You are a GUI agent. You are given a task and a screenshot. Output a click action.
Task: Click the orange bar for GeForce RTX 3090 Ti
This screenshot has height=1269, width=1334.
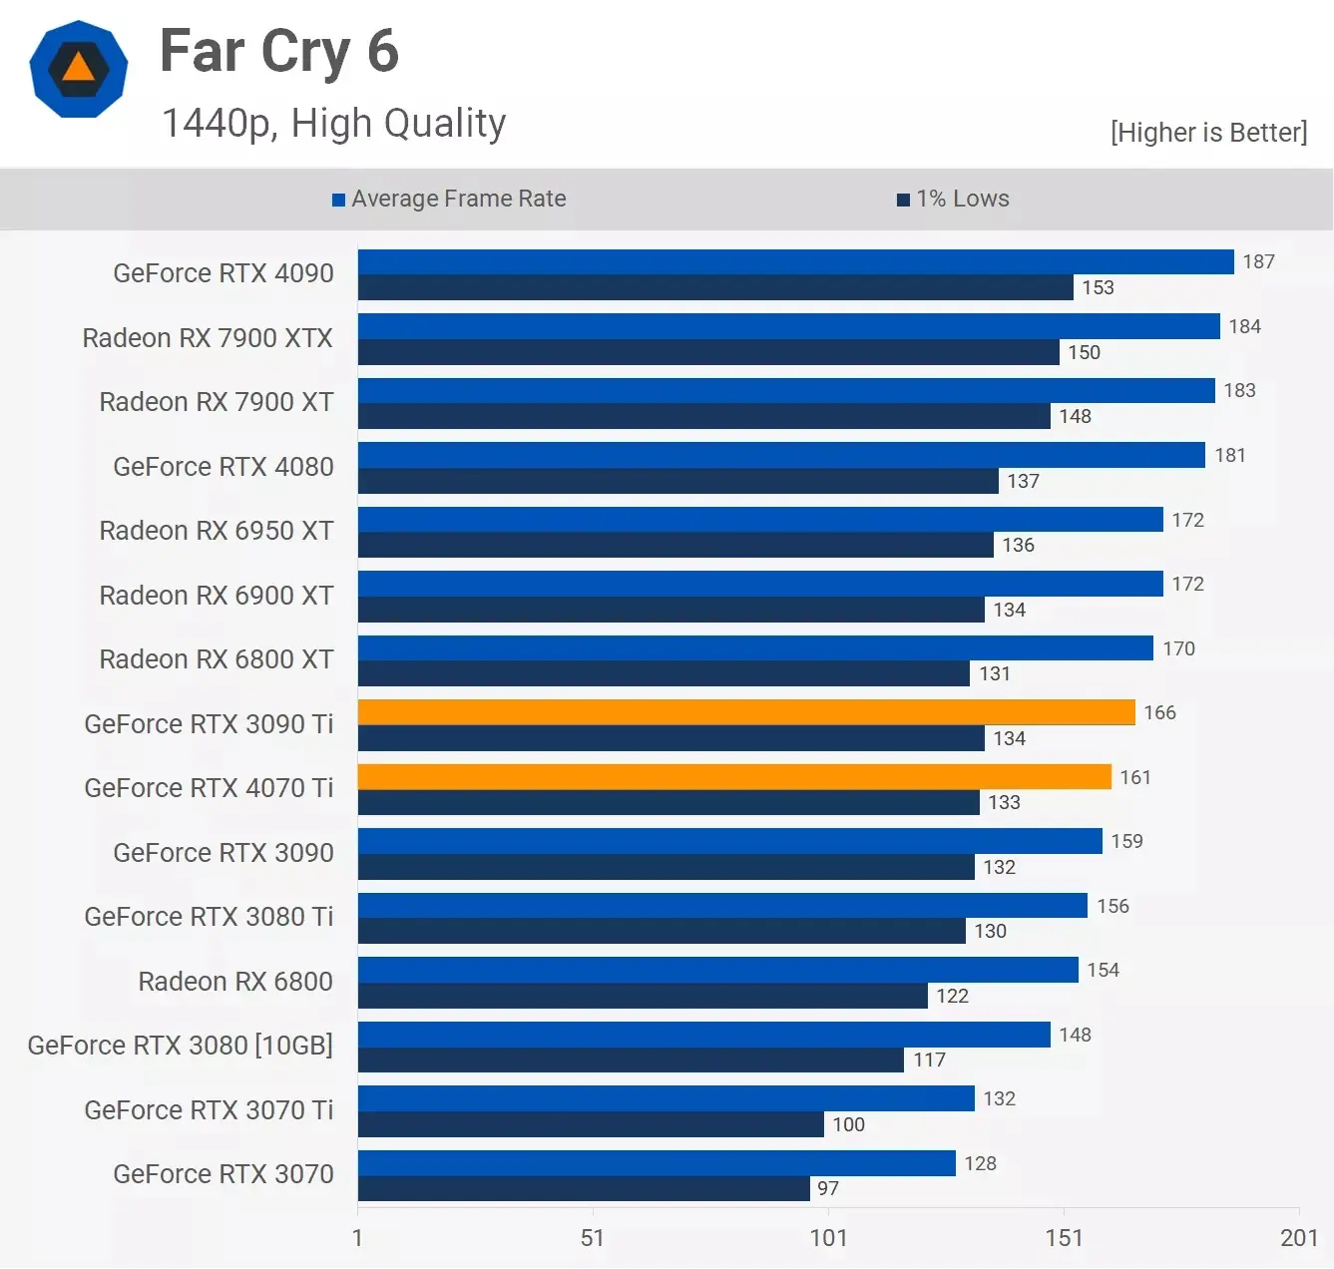(746, 712)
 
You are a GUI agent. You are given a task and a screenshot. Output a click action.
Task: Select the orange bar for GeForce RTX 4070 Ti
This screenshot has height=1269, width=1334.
(734, 777)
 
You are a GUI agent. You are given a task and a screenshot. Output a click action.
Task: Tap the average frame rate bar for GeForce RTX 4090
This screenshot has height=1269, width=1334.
(795, 261)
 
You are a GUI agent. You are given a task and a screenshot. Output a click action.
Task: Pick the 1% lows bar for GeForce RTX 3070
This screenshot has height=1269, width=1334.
(584, 1188)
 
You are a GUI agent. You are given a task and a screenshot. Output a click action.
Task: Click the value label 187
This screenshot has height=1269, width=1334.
(1258, 261)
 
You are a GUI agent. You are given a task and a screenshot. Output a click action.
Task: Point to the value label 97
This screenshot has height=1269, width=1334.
(828, 1188)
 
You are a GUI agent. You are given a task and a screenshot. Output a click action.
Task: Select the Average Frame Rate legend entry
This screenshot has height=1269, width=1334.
(450, 199)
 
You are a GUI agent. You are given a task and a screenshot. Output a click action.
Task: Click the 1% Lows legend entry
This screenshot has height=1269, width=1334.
(953, 199)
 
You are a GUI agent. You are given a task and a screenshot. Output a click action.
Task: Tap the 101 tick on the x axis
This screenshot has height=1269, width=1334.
(828, 1238)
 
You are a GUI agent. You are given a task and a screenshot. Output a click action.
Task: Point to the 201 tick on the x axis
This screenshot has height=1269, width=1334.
(1298, 1238)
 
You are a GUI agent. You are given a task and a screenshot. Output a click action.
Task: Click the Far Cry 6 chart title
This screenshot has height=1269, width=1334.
(279, 52)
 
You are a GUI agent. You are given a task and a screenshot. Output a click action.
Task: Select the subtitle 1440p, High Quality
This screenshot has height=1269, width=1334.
(333, 124)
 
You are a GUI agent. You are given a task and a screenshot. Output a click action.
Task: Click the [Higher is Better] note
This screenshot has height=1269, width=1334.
(1208, 133)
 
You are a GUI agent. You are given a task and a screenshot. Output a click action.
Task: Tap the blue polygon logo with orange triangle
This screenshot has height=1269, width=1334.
(79, 69)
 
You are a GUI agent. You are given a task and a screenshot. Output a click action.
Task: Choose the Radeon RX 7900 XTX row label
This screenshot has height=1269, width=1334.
(208, 338)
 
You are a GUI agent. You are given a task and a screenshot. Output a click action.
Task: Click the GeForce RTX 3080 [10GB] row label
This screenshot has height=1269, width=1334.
(181, 1046)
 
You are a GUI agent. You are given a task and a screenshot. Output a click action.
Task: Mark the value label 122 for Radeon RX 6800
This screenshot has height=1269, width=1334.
(952, 996)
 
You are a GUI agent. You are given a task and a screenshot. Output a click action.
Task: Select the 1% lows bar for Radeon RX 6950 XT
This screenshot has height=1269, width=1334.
(675, 545)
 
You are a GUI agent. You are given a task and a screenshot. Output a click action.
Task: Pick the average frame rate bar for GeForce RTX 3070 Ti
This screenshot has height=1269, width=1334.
(666, 1098)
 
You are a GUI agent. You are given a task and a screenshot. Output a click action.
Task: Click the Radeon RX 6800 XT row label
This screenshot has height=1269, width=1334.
(217, 659)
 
